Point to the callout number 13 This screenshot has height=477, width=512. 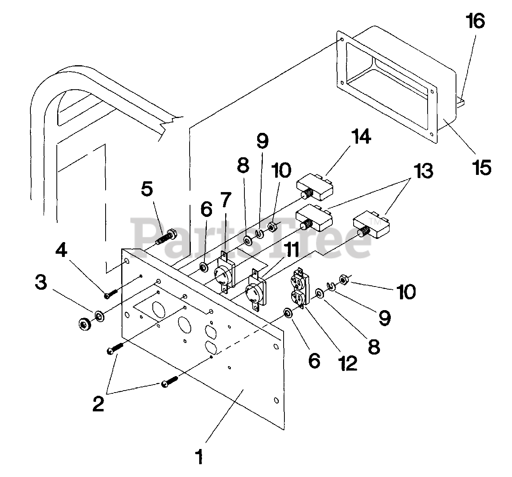pos(423,171)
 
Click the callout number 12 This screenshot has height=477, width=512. pos(348,363)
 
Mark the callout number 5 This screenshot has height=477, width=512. pos(147,189)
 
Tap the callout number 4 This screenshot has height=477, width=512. pos(61,250)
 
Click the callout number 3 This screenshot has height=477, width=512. pos(41,282)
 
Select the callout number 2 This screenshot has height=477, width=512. pos(98,404)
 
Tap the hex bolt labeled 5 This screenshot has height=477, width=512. pos(166,236)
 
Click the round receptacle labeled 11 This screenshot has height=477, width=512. pos(256,289)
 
